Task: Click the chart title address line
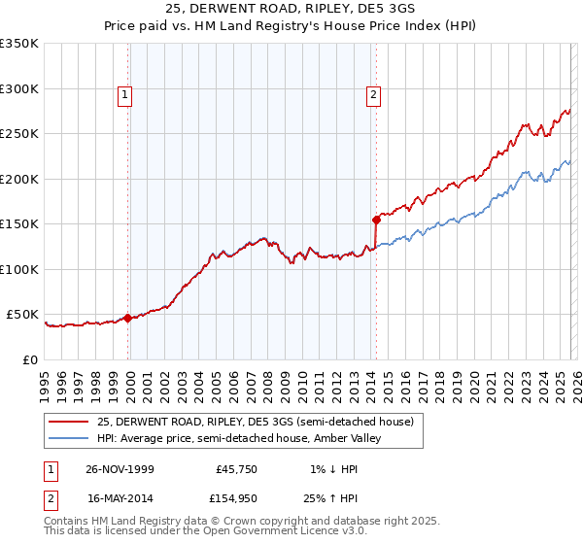pyautogui.click(x=291, y=9)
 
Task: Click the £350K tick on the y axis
pyautogui.click(x=19, y=44)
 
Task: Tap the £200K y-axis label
pyautogui.click(x=19, y=179)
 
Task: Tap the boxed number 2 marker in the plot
pyautogui.click(x=374, y=94)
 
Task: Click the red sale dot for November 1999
pyautogui.click(x=128, y=318)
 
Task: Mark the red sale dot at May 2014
pyautogui.click(x=375, y=220)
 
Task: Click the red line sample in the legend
pyautogui.click(x=69, y=422)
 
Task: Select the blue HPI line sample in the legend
pyautogui.click(x=69, y=438)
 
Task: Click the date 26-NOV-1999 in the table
pyautogui.click(x=120, y=469)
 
